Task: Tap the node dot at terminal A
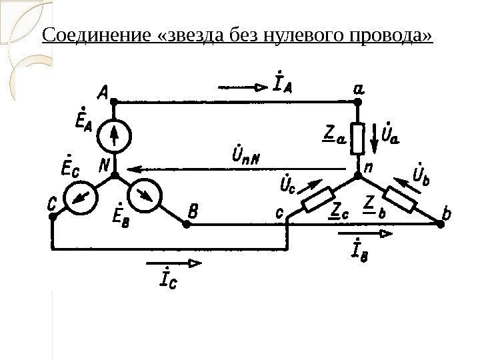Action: coord(114,101)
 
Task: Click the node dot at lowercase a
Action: coord(357,101)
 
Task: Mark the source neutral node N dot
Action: coord(114,174)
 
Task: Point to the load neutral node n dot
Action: coord(357,174)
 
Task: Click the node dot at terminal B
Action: coord(187,225)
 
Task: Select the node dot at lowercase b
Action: coord(441,225)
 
